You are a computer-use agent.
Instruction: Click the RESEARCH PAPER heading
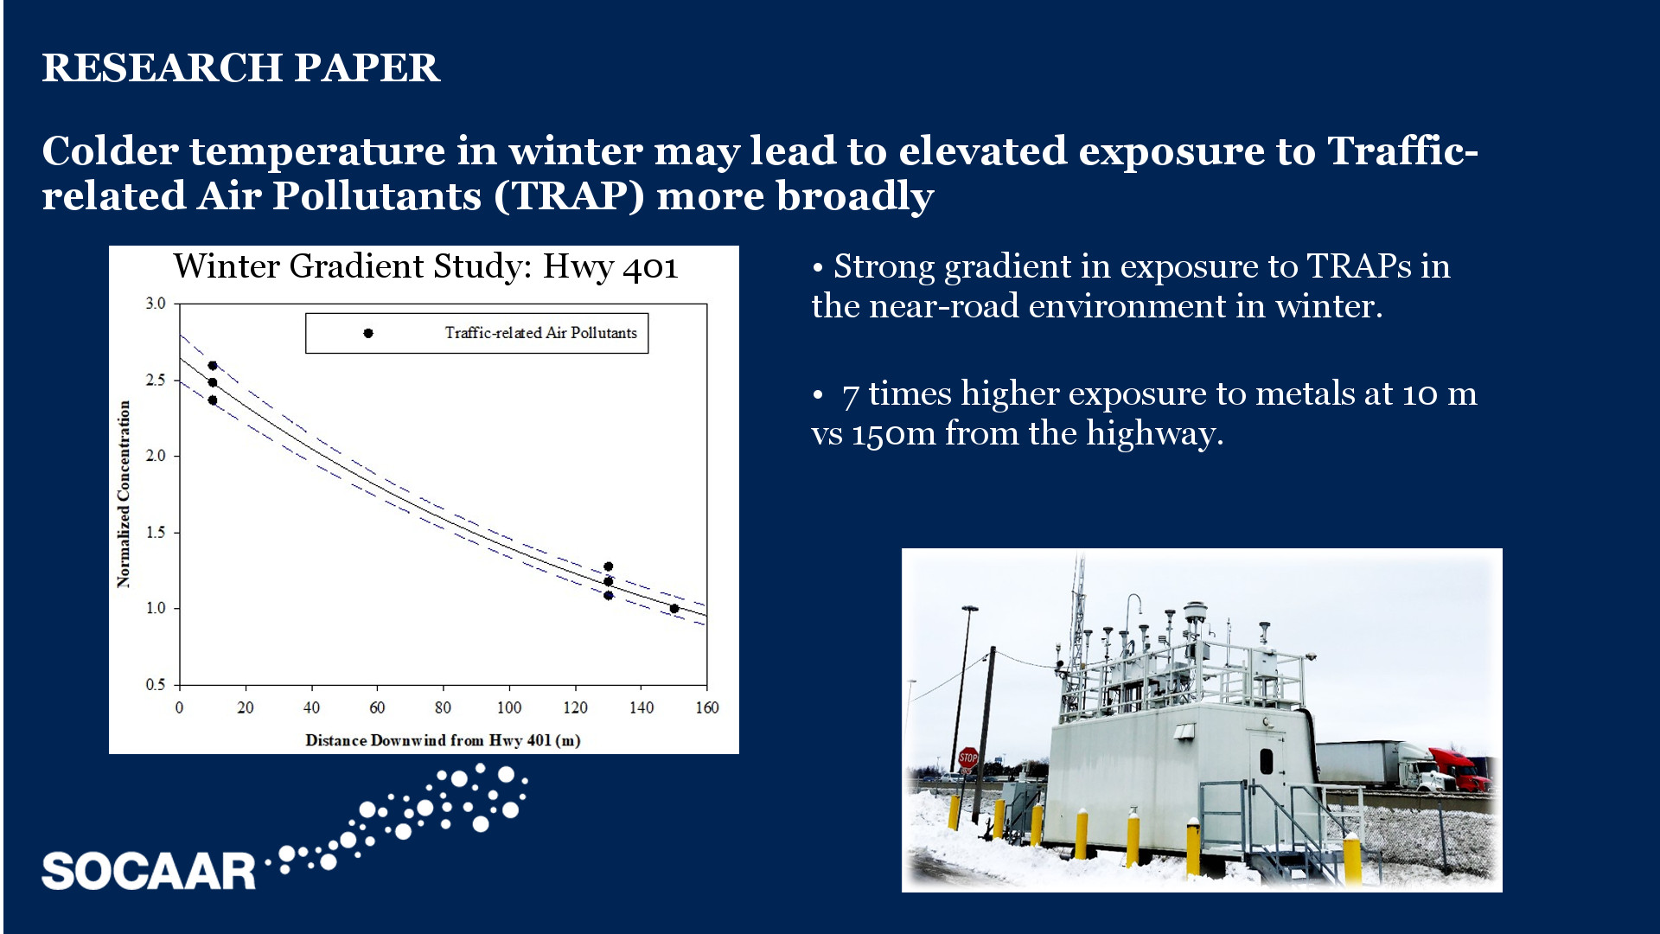point(241,67)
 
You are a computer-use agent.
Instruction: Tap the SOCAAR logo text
point(149,871)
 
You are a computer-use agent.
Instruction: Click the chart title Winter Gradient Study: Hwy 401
point(425,266)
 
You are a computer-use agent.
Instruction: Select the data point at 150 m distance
point(674,609)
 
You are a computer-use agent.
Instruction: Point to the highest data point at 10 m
point(213,366)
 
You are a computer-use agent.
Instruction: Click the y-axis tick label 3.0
point(156,304)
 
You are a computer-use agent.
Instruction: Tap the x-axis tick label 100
point(509,707)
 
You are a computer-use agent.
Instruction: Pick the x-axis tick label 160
point(707,707)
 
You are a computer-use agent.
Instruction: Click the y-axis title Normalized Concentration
point(124,494)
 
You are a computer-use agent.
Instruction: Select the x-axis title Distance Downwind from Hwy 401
point(443,740)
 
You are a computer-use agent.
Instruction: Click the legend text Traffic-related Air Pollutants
point(540,333)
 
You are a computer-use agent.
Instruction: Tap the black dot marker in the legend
point(368,333)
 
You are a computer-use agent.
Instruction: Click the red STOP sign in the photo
point(968,758)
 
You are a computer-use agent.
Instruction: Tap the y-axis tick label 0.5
point(156,685)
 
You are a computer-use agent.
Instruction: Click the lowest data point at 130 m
point(609,596)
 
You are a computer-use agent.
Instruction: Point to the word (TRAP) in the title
point(570,196)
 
